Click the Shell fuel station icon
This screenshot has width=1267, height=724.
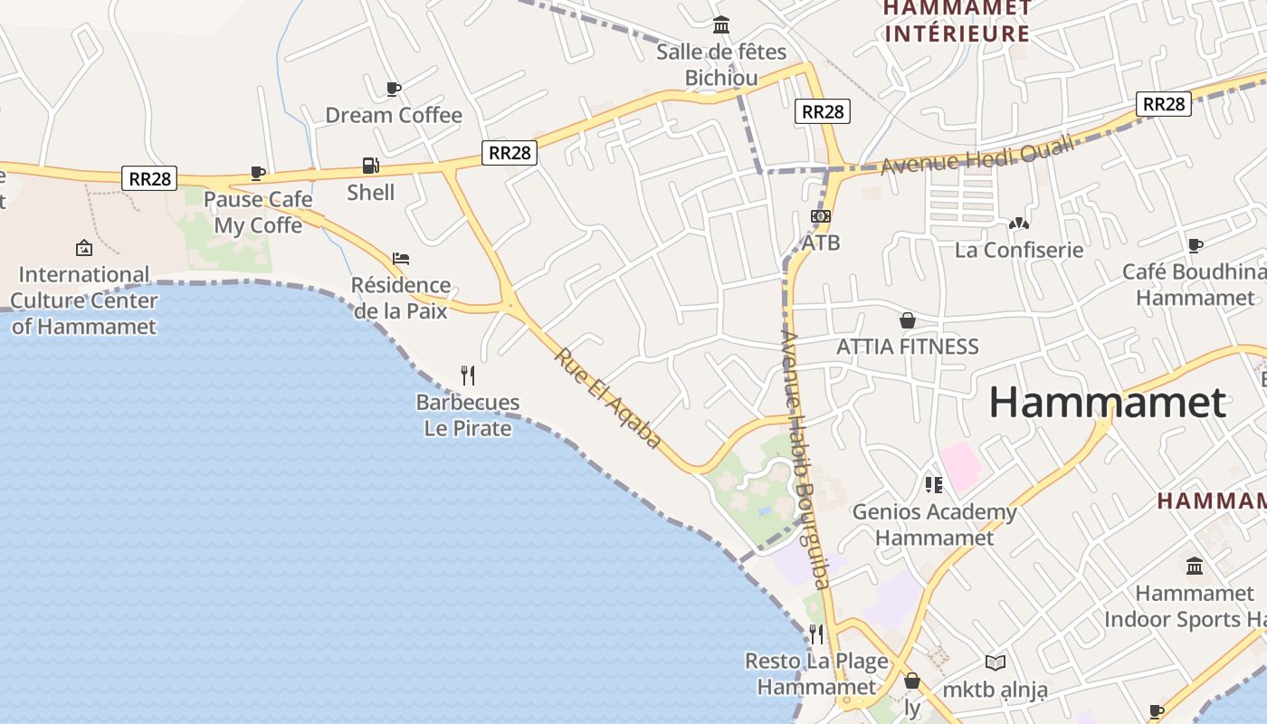tap(370, 166)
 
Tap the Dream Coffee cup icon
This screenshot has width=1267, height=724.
tap(394, 89)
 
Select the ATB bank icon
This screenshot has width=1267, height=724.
tap(821, 216)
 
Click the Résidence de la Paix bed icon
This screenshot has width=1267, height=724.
tap(401, 259)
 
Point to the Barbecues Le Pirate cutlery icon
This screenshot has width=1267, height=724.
tap(468, 376)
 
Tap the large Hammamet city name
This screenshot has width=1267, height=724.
tap(1107, 402)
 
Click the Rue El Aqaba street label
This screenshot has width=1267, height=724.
tap(608, 397)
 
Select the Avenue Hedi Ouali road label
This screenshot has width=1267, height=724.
tap(976, 154)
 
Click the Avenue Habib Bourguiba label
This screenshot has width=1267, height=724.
tap(805, 460)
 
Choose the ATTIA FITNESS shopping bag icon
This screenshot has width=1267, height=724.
tap(908, 320)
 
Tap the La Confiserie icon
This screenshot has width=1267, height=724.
tap(1019, 223)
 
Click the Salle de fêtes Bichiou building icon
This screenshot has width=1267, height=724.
tap(721, 25)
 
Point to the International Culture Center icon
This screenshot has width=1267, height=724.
tap(84, 247)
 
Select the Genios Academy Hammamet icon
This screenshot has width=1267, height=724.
tap(934, 485)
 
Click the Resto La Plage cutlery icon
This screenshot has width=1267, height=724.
tap(816, 633)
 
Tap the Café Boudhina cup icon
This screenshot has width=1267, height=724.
tap(1196, 245)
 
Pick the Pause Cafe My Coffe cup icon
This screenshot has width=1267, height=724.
tap(258, 173)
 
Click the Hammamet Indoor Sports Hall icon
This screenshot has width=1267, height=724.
tap(1195, 567)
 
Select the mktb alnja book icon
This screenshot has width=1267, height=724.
tap(995, 663)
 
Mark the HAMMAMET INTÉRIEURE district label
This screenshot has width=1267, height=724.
tap(957, 21)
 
